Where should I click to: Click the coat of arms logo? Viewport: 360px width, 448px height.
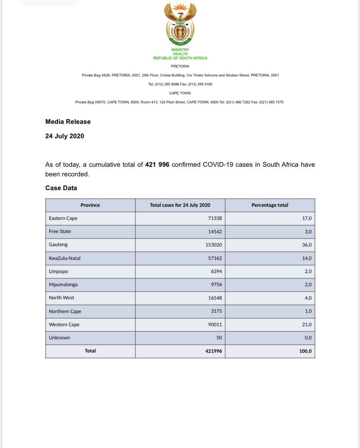(180, 24)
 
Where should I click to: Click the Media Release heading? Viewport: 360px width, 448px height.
(68, 122)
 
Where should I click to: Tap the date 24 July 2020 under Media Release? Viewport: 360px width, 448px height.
(65, 136)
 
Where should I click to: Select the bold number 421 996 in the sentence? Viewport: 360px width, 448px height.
(157, 165)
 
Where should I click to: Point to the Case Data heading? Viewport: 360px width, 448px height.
(61, 188)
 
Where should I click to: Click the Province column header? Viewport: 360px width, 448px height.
(90, 205)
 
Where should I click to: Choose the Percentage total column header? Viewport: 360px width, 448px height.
(270, 205)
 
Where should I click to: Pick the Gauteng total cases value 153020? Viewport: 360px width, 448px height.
(214, 245)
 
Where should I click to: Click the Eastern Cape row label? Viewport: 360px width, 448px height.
(63, 218)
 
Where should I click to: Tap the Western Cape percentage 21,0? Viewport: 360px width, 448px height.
(307, 324)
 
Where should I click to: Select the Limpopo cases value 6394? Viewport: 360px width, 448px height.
(216, 271)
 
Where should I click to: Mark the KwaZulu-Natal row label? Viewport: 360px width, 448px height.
(65, 258)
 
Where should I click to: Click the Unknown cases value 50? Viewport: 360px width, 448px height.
(219, 338)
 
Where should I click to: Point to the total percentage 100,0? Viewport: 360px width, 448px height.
(305, 351)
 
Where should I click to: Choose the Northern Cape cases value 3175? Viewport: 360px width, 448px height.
(216, 311)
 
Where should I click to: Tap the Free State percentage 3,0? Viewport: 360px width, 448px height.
(308, 232)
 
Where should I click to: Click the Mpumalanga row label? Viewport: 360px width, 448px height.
(63, 284)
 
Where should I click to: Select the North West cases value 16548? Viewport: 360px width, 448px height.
(215, 298)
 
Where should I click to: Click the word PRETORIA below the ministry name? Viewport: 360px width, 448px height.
(180, 66)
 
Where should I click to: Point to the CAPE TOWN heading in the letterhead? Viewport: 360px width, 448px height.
(180, 93)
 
